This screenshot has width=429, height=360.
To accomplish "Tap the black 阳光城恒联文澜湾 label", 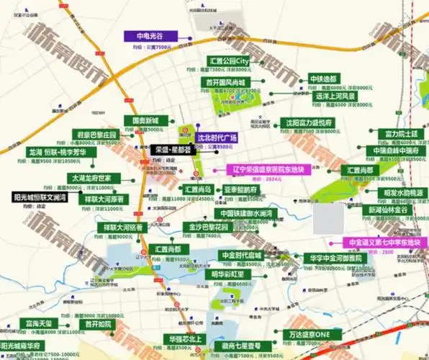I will [40, 197].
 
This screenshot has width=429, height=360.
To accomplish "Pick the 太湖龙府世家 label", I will [90, 177].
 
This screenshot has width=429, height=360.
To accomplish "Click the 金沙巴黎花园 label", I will [209, 226].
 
